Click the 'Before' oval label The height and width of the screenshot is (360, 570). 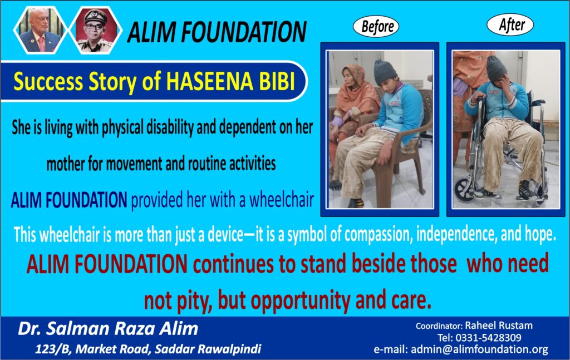tap(376, 26)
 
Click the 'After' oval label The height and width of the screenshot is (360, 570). tap(510, 24)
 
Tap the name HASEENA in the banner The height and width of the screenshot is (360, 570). tap(209, 81)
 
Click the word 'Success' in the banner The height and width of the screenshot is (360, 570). tap(48, 81)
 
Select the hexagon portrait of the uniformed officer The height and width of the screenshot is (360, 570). tap(96, 30)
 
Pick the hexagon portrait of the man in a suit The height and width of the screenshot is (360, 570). tap(40, 30)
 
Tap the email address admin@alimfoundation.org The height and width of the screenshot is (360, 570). tap(479, 349)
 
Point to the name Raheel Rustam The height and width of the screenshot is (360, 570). tap(499, 325)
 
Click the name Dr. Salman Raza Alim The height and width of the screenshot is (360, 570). tap(108, 329)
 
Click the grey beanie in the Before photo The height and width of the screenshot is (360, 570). tap(386, 72)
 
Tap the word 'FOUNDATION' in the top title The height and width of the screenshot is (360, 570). tap(244, 32)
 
